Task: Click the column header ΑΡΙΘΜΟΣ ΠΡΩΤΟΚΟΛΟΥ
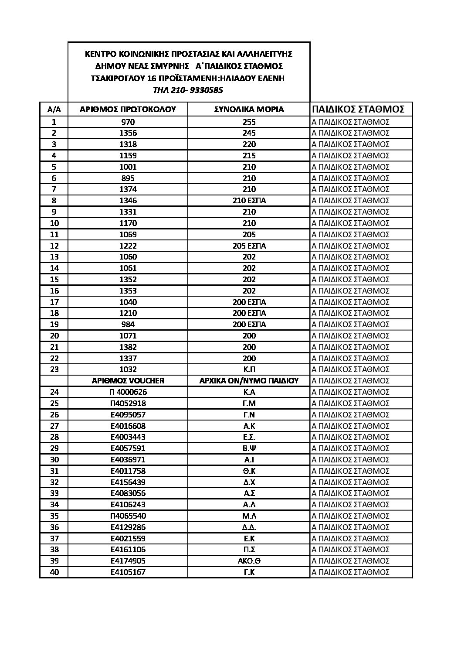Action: click(x=128, y=109)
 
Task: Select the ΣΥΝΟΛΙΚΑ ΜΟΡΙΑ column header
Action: click(x=249, y=109)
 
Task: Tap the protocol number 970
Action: click(x=128, y=122)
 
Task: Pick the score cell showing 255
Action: click(x=249, y=122)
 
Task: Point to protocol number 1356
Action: click(x=128, y=133)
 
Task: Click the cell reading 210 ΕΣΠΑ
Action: click(x=249, y=201)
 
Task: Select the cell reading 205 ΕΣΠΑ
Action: click(x=249, y=246)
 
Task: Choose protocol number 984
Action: click(x=128, y=325)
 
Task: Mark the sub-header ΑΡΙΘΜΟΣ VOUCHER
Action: click(x=128, y=381)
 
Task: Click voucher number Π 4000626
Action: click(x=128, y=392)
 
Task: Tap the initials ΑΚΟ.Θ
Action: click(x=249, y=561)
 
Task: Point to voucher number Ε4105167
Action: click(x=128, y=572)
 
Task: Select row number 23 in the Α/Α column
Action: click(x=54, y=369)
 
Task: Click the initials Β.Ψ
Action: click(x=249, y=448)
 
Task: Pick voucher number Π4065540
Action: click(x=128, y=516)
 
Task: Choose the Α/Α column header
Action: click(x=54, y=109)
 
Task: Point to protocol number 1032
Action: click(x=128, y=369)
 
